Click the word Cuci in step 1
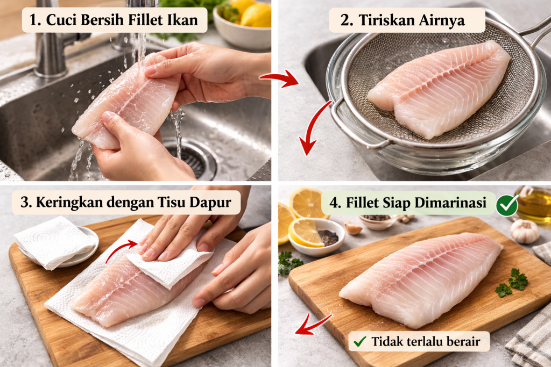point(58,20)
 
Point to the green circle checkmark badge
point(507,205)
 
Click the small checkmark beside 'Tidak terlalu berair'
point(360,341)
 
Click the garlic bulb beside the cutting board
point(524,231)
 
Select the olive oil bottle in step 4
point(534,204)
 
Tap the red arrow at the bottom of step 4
point(313,325)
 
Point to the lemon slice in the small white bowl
point(305,232)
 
